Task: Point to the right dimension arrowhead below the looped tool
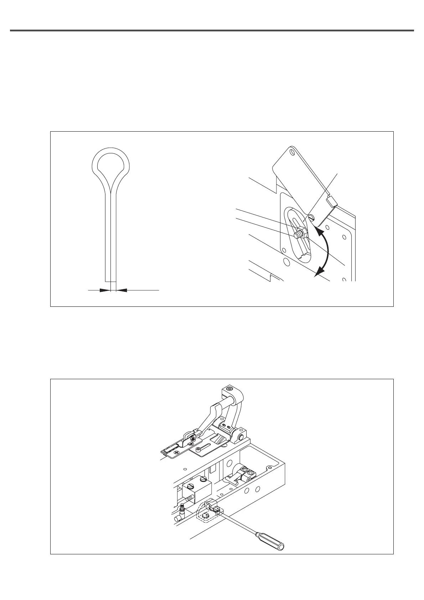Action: [121, 290]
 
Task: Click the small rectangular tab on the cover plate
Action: [332, 202]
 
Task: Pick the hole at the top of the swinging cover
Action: [293, 152]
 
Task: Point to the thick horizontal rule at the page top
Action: [212, 31]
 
